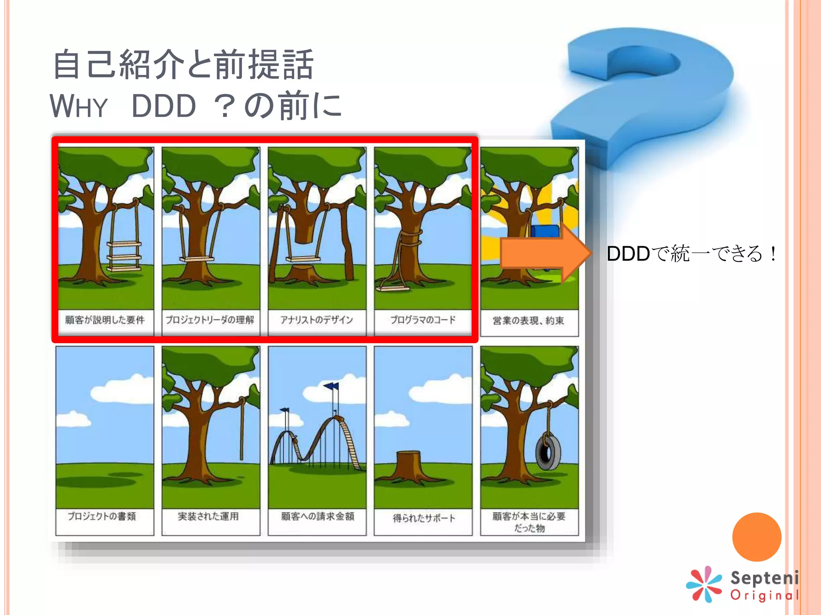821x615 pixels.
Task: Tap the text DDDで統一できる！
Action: (691, 254)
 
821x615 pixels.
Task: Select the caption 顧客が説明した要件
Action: (105, 320)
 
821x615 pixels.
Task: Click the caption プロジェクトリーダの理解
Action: (210, 320)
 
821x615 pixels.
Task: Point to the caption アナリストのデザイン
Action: (317, 320)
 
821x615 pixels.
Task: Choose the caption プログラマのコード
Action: (423, 320)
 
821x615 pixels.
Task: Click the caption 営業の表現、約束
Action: (528, 321)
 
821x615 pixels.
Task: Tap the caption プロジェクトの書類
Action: (102, 516)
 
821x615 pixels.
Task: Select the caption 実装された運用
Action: (208, 517)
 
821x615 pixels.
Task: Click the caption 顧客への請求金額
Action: (317, 517)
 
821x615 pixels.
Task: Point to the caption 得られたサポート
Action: (424, 518)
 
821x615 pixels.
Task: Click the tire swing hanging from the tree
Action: (548, 452)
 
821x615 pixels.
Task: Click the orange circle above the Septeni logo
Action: (756, 537)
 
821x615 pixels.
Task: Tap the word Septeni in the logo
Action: (764, 578)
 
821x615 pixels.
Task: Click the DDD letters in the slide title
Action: (164, 107)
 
